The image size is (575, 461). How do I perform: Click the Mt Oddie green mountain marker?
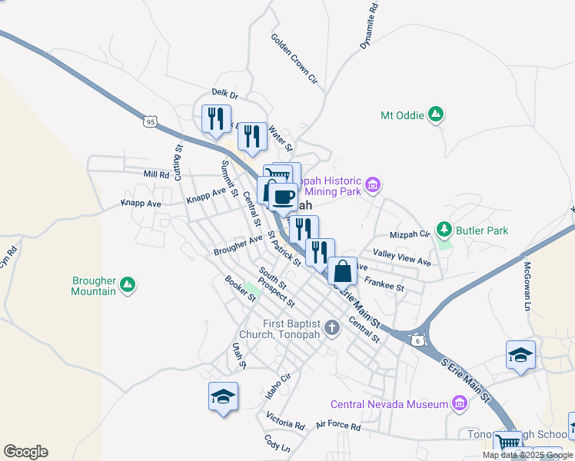point(436,115)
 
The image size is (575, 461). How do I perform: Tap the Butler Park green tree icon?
point(444,229)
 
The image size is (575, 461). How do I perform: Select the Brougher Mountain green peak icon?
point(128,286)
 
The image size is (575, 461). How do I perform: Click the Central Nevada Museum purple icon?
point(460,403)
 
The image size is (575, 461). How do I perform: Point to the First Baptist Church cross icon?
point(331,328)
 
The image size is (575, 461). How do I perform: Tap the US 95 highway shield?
point(150,121)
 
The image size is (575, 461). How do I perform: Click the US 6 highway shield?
point(417,340)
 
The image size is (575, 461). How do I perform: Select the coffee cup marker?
point(283,196)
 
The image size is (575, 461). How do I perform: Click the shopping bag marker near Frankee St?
point(342,270)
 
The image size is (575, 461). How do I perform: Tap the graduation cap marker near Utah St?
point(223,396)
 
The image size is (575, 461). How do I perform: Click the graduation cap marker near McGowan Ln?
point(520,354)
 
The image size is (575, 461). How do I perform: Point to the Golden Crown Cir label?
point(294,58)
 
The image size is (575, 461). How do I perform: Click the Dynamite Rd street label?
point(370,27)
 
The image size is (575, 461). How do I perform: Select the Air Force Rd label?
point(338,425)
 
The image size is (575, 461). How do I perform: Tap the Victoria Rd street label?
point(286,422)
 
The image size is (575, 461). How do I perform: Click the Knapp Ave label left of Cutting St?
point(141,204)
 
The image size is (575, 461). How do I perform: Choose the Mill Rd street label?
point(156,174)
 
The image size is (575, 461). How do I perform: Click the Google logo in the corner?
point(25,452)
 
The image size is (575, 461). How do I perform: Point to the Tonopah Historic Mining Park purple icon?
point(374,184)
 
